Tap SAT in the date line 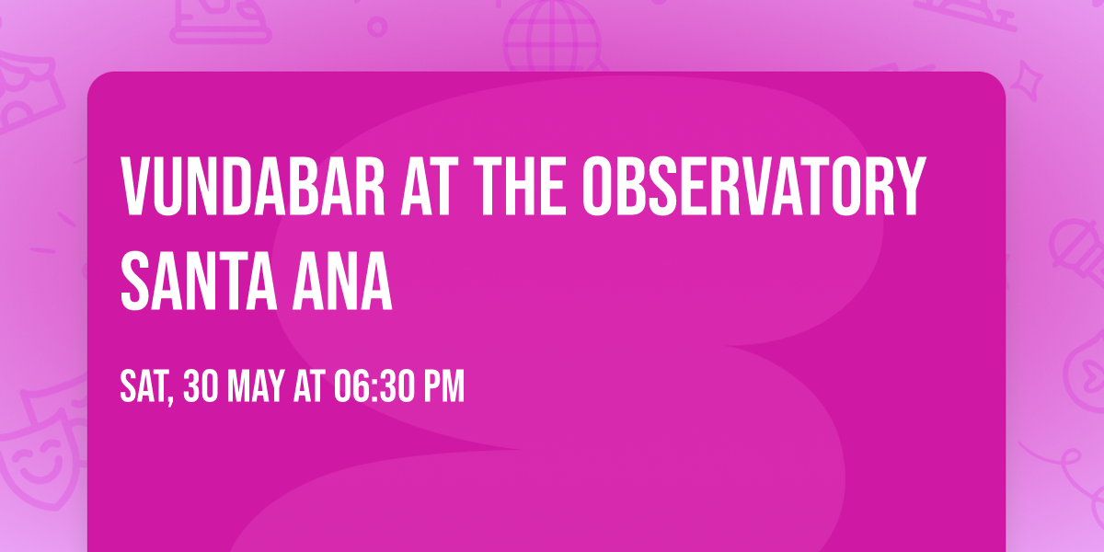[x=143, y=387]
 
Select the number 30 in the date [x=201, y=387]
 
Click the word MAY [x=258, y=387]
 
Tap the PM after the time [x=444, y=387]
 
